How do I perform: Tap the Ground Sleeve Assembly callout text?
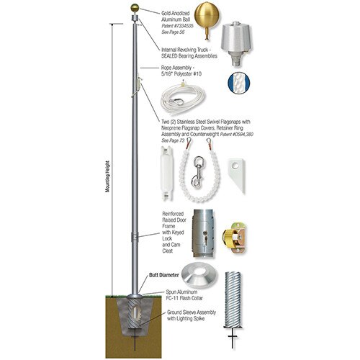[191, 316]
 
